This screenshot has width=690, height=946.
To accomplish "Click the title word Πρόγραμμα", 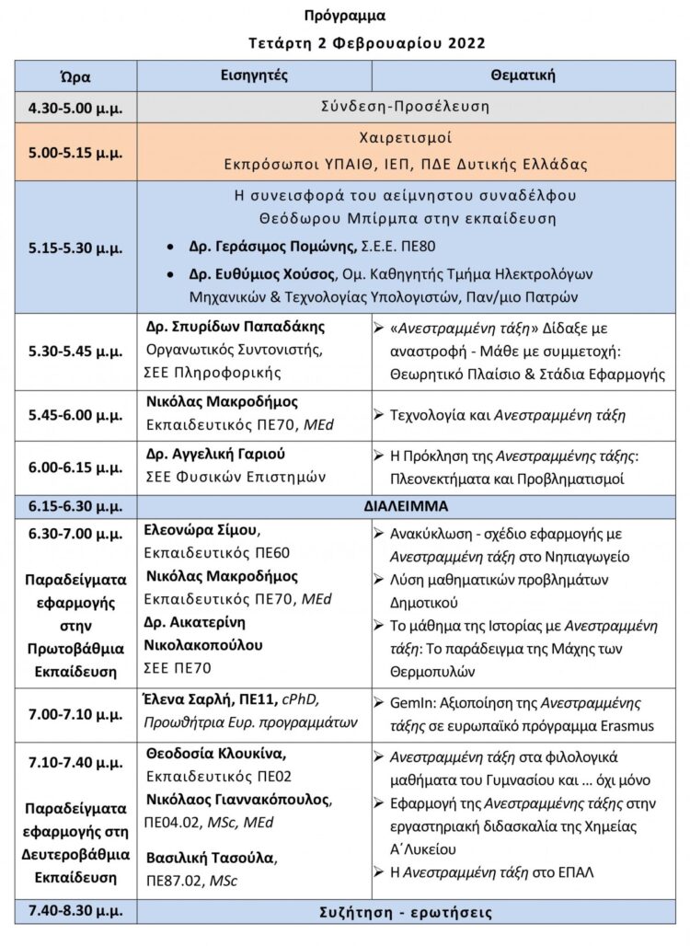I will point(345,16).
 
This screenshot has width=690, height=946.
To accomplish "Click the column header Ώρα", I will point(75,76).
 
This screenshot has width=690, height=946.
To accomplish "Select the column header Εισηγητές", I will point(255,75).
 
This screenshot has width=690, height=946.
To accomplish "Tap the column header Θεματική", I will point(523,75).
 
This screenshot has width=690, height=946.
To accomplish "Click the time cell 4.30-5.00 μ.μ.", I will point(75,108).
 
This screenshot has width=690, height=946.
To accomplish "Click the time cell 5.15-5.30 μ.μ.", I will point(75,248).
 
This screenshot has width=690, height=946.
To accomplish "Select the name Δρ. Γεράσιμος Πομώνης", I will point(260,248).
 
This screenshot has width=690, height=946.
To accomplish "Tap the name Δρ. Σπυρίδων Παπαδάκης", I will point(236,328).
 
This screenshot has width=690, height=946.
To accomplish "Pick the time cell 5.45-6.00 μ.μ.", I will point(75,416).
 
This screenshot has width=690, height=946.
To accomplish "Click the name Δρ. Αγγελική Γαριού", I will point(216,454).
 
